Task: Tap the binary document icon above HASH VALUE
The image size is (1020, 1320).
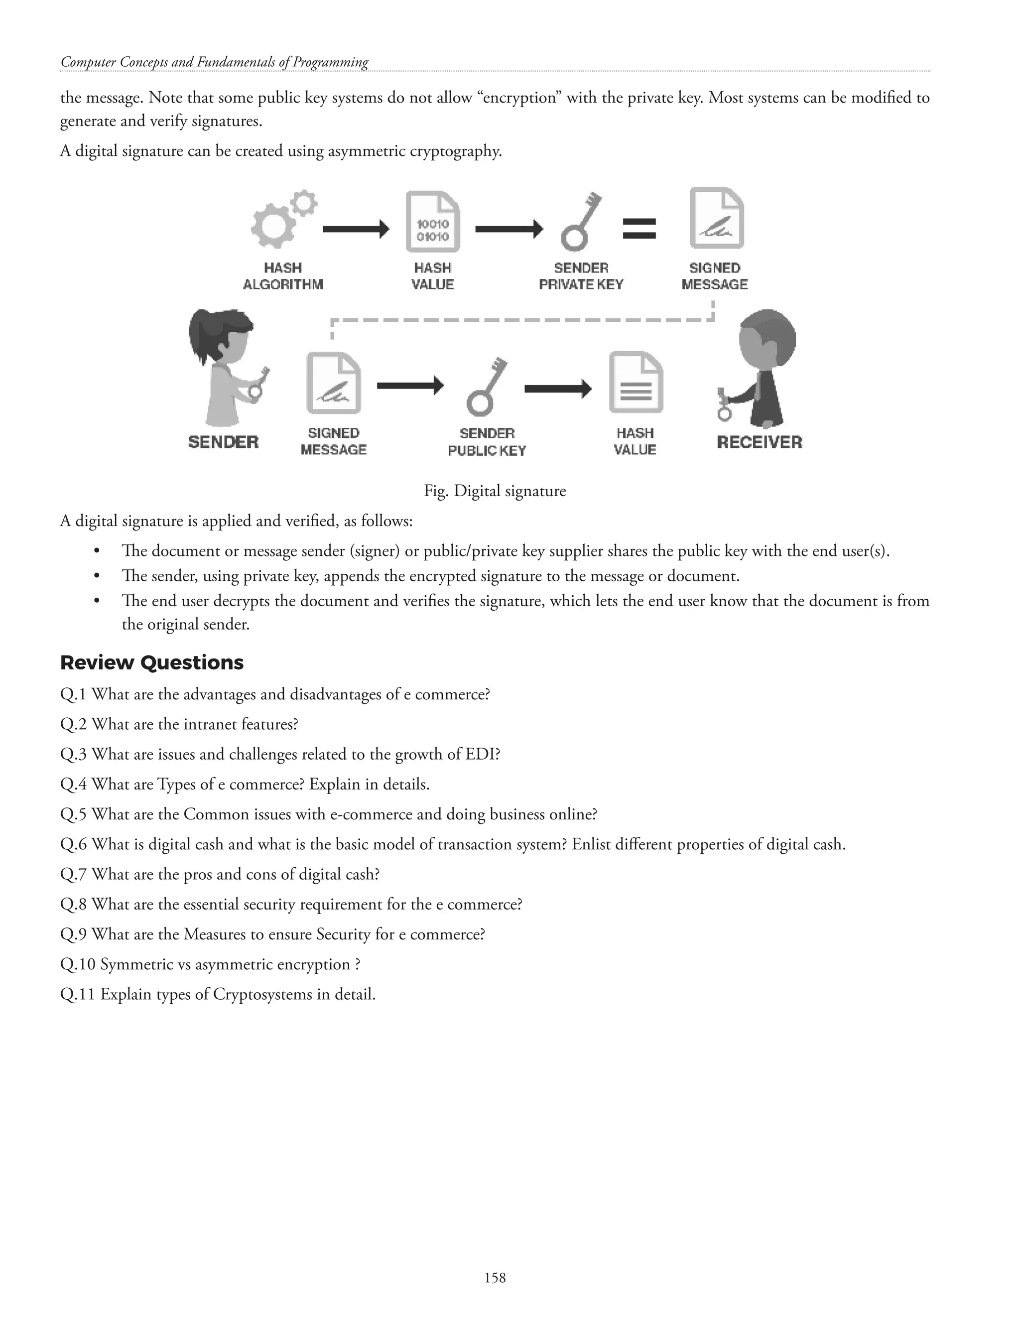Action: tap(433, 222)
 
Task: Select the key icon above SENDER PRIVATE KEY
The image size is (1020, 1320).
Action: tap(581, 222)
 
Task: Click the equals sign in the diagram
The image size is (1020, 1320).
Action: tap(639, 229)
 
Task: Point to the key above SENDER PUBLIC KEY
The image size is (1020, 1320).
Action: tap(487, 388)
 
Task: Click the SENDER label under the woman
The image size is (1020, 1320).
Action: tap(224, 442)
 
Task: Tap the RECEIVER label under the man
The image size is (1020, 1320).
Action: tap(760, 442)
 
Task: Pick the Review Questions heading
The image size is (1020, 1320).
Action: tap(152, 662)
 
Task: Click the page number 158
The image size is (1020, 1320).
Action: tap(495, 1277)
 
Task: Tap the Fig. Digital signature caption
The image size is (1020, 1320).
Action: tap(495, 490)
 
